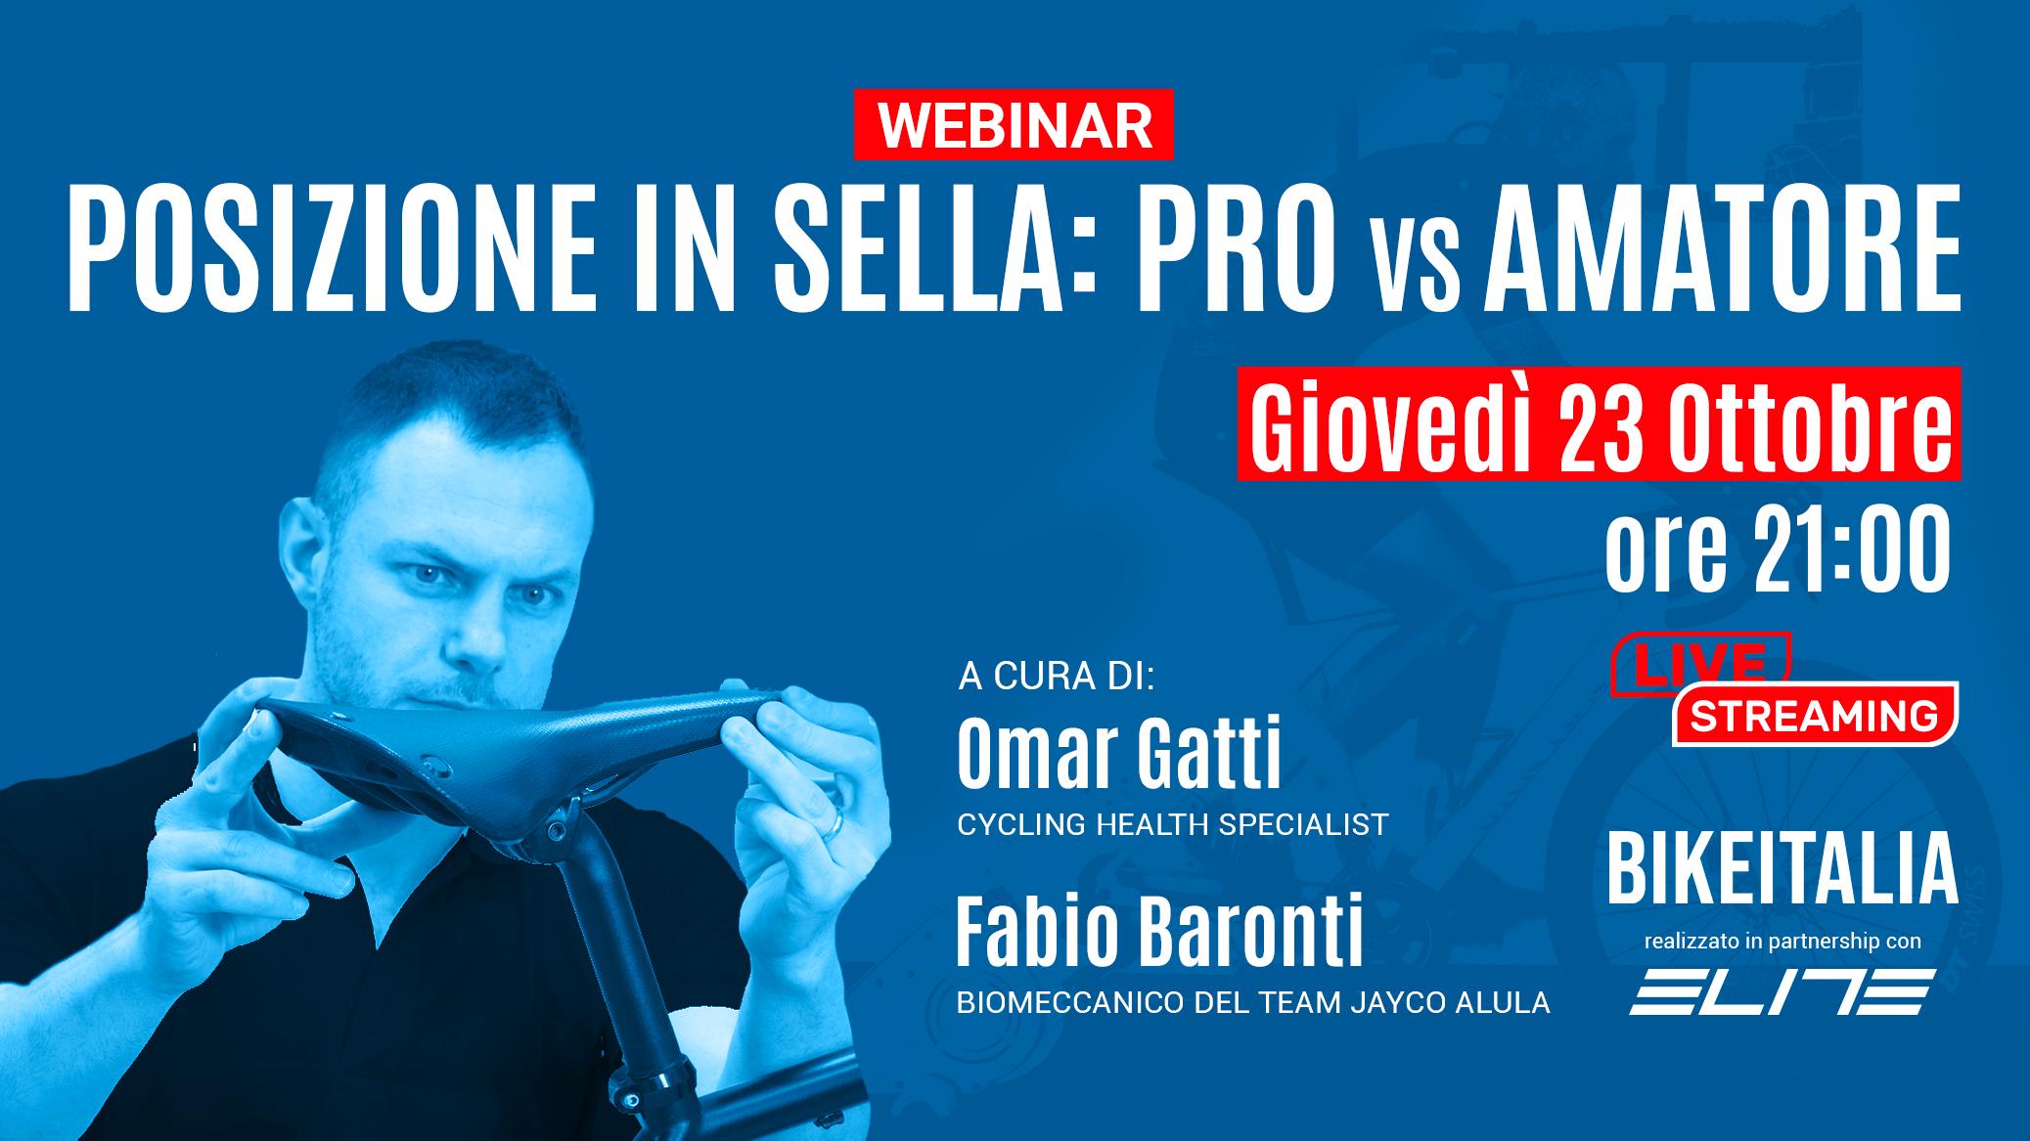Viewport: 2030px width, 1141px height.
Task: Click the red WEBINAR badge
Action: pos(1014,124)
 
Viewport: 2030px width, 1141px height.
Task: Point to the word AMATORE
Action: pos(1723,252)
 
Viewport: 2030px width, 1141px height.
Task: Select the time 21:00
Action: pos(1843,552)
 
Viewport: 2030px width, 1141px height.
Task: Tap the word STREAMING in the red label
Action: pos(1815,716)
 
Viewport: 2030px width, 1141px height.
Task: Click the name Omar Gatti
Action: pos(1118,755)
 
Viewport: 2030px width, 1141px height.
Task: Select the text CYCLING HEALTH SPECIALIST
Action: pos(1172,824)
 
